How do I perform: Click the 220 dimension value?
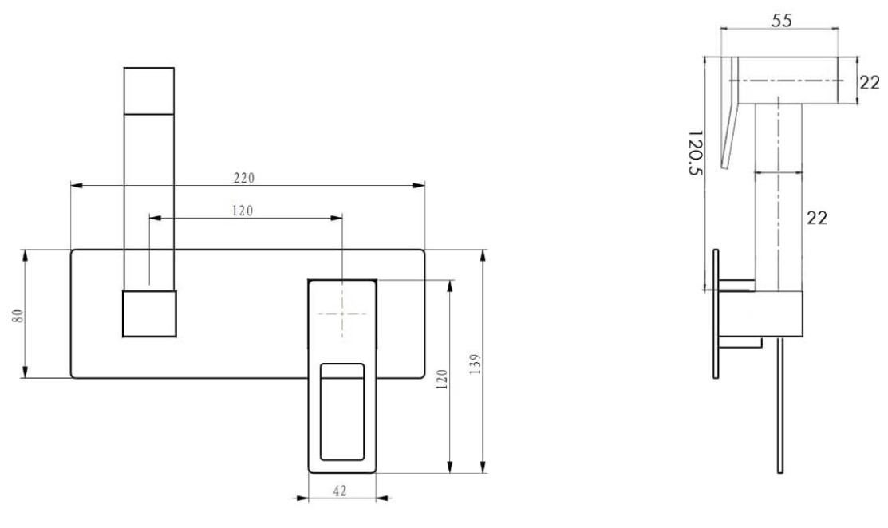[244, 178]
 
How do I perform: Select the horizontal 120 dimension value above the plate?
[243, 211]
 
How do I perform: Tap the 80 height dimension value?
[18, 315]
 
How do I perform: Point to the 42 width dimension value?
[340, 491]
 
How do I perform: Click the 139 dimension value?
[475, 364]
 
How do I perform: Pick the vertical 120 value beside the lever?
[442, 379]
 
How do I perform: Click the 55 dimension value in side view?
[782, 21]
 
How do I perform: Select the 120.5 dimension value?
[695, 153]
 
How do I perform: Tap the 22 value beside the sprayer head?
[870, 82]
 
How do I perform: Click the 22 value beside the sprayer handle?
[817, 217]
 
